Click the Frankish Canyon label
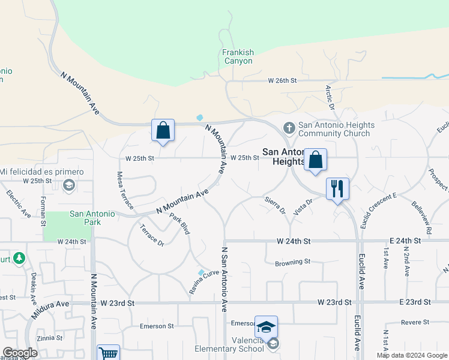[x=238, y=56]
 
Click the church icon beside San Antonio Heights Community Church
[x=289, y=128]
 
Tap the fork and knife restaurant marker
[x=337, y=189]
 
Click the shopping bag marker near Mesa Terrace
[x=163, y=130]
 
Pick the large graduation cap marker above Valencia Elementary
[x=266, y=327]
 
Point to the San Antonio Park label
[x=94, y=217]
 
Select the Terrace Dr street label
[x=152, y=235]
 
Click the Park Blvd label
[x=179, y=224]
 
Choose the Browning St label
[x=292, y=262]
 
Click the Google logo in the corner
[x=20, y=353]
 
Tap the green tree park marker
[x=19, y=258]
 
